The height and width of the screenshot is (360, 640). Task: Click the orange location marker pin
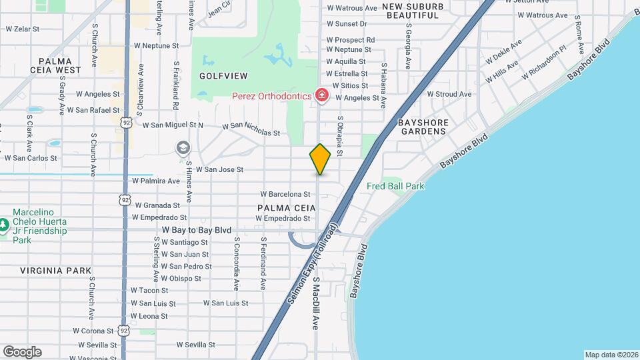coord(320,159)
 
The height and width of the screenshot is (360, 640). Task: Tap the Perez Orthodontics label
coord(271,96)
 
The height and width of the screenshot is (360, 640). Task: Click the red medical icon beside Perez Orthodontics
coord(321,96)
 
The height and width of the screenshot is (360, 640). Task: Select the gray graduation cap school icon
coord(182,147)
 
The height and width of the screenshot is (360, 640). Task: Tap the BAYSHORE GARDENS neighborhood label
coord(431,127)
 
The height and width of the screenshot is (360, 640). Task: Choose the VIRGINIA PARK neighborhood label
coord(55,271)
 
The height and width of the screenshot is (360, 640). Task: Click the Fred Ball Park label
coord(395,187)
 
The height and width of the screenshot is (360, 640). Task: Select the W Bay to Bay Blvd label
coord(197,230)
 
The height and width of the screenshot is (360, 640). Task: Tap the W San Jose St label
coord(219,170)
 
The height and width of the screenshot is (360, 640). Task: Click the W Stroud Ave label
coord(449,95)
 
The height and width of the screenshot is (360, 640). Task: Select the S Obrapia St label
coord(340,136)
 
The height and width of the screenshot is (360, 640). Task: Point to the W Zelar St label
coord(23,29)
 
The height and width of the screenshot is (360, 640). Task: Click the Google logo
coord(22,351)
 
